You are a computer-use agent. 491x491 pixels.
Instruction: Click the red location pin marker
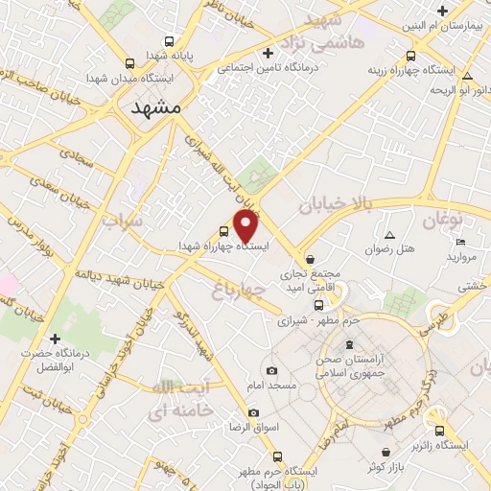247,225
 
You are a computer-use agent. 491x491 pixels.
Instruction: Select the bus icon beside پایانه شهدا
170,42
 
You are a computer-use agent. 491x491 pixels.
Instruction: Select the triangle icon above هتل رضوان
388,235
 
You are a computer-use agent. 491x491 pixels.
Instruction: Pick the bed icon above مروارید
460,241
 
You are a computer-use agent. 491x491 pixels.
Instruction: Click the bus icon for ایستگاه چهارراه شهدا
223,231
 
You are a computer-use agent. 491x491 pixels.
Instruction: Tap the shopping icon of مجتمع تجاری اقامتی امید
309,259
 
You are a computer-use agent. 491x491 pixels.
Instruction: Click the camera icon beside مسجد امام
271,370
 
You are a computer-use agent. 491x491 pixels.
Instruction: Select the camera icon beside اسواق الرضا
253,412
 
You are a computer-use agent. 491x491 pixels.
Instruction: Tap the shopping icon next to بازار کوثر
385,452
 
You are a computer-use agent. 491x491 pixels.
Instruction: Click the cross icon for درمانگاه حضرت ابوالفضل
55,339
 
